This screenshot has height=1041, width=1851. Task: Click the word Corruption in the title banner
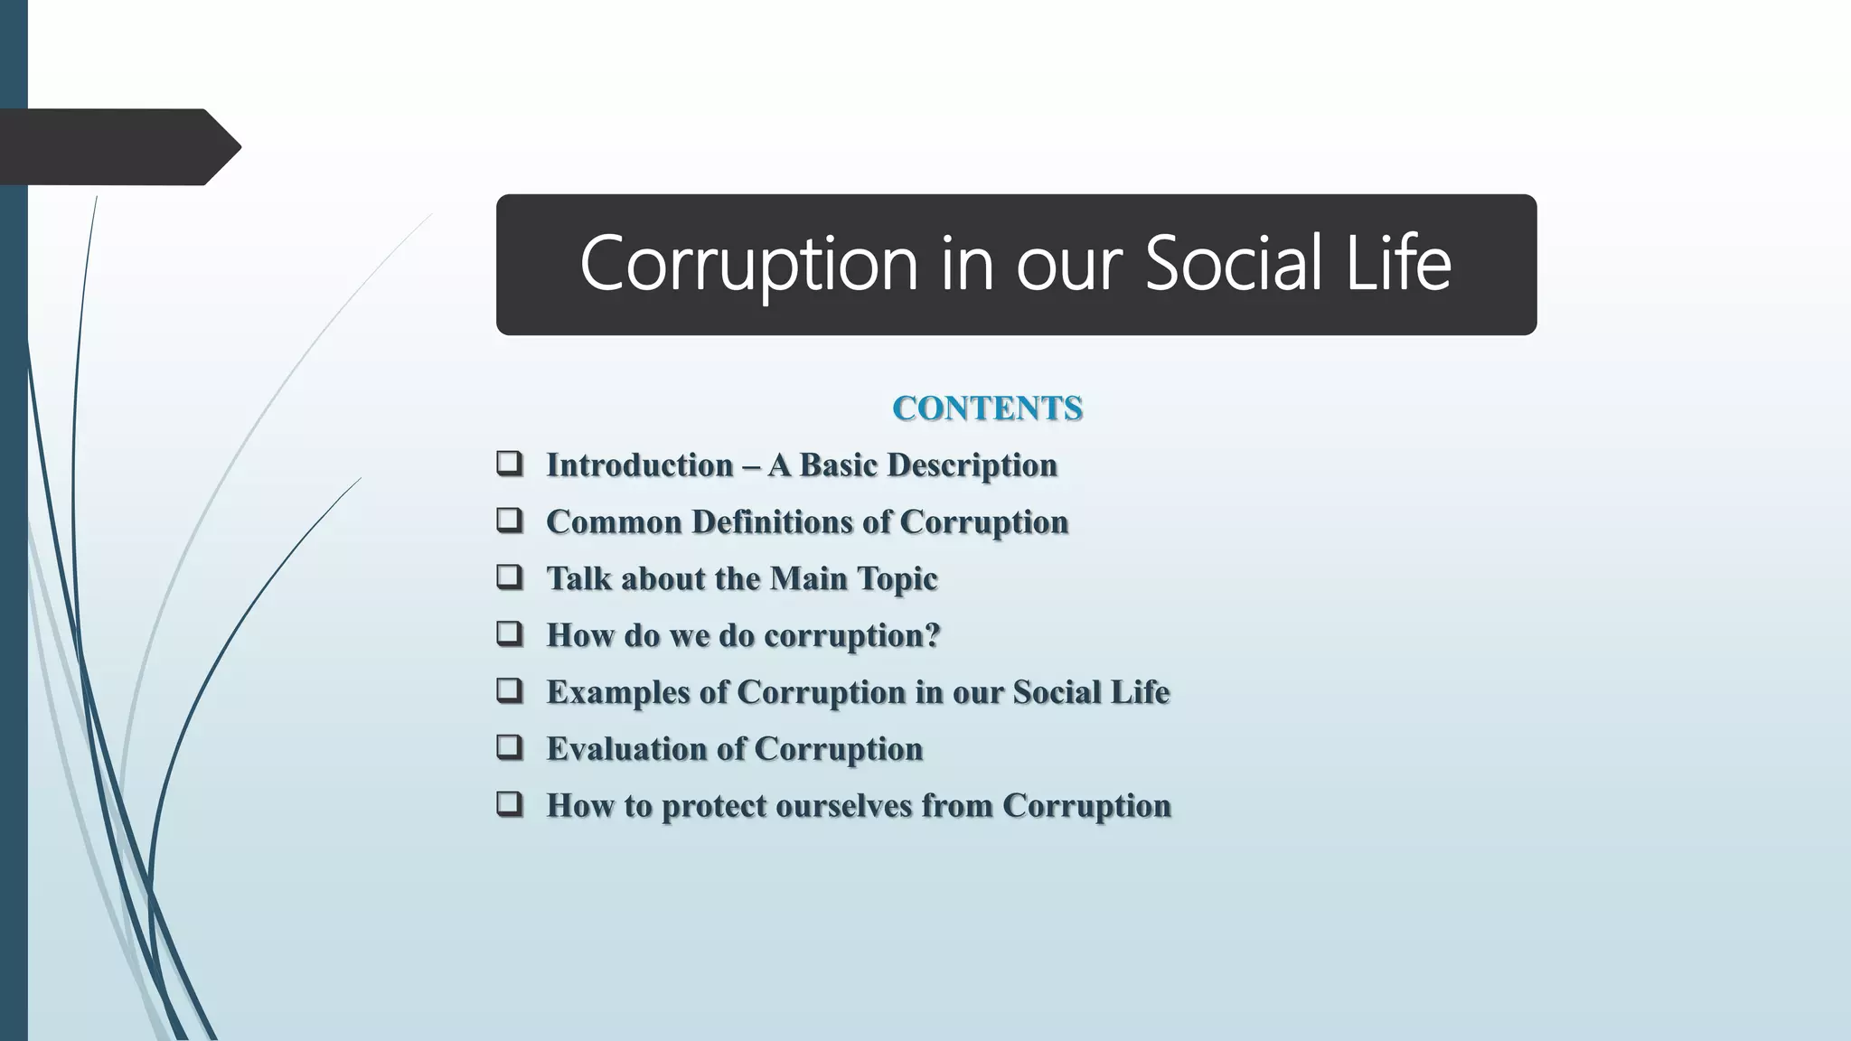748,264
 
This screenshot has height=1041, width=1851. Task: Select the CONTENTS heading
987,408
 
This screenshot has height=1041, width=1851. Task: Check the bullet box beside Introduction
510,464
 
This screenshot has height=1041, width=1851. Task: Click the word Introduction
640,465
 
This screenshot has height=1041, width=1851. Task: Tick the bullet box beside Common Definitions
510,520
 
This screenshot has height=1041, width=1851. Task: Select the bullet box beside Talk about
510,577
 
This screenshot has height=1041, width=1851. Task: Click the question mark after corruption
933,635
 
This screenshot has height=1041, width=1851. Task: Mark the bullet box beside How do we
510,633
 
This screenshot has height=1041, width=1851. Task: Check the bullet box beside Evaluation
510,747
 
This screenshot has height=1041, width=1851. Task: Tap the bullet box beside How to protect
510,803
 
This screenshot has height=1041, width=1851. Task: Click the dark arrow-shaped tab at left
117,147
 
